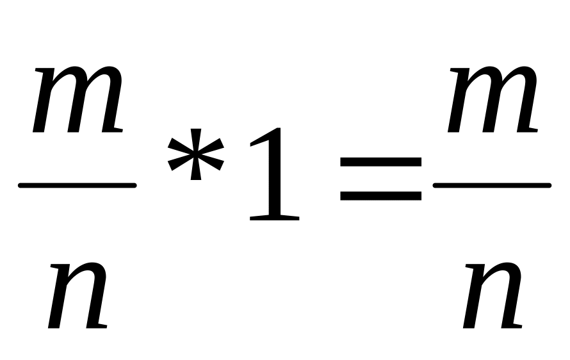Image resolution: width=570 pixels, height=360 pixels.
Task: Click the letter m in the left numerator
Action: pos(77,99)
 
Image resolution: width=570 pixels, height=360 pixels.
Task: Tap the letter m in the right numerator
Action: pos(493,99)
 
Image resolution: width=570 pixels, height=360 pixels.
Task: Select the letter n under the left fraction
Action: pos(77,295)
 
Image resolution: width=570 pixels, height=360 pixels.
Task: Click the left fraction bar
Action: pos(77,186)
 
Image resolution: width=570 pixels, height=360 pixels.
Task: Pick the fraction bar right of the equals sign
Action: pos(493,186)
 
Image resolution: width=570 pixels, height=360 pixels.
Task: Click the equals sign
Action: pos(380,180)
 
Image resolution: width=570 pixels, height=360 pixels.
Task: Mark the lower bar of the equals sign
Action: pos(380,196)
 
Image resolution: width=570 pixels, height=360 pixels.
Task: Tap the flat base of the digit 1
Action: pos(275,218)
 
